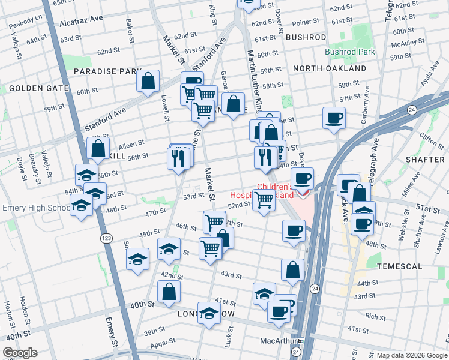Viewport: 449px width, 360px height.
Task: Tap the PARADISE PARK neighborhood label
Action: tap(107, 71)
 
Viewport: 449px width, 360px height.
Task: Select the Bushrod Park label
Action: tap(349, 52)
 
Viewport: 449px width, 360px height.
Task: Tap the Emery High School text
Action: tap(37, 208)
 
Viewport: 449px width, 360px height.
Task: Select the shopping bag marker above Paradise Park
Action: tap(148, 82)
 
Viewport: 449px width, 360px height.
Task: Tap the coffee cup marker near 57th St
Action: tap(334, 118)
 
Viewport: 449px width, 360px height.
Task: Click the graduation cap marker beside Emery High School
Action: tap(81, 206)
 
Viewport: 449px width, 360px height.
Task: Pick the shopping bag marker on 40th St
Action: tap(169, 292)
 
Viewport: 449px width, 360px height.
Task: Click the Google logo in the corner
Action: tap(20, 353)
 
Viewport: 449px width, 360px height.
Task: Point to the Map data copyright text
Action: tap(412, 355)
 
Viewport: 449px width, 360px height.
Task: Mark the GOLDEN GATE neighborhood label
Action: tap(30, 88)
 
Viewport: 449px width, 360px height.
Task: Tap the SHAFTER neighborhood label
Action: tap(424, 159)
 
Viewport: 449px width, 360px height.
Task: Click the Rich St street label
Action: tap(375, 316)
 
